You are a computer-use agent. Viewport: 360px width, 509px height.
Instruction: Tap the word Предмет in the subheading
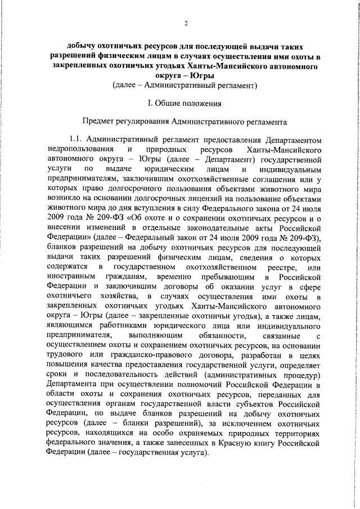coord(100,121)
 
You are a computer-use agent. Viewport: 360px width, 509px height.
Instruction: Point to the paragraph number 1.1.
coord(76,140)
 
